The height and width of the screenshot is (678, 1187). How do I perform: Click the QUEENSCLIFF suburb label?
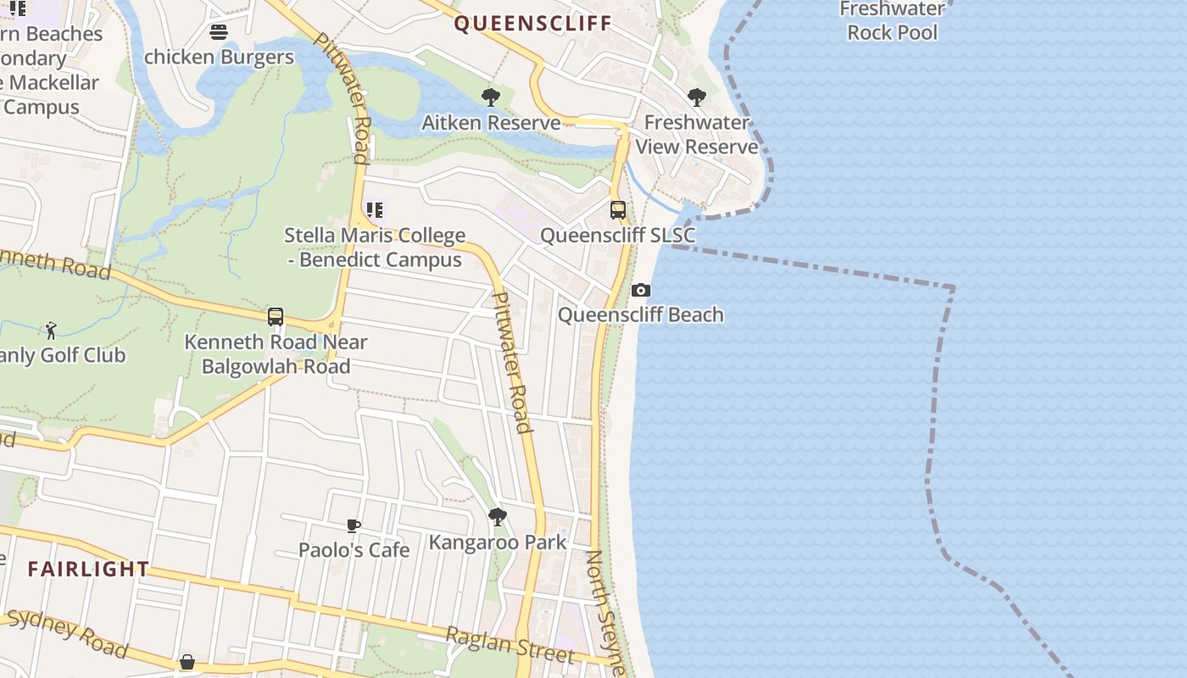[x=532, y=23]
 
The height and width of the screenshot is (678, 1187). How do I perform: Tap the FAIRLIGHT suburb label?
[x=88, y=569]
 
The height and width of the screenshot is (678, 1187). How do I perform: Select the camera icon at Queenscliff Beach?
[x=641, y=291]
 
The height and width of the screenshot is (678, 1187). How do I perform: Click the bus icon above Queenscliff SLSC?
[x=618, y=210]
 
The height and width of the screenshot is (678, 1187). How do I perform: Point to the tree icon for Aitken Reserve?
[x=490, y=97]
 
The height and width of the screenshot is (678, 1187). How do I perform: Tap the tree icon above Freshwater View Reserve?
[x=697, y=97]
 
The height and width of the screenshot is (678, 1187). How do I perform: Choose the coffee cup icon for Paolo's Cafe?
[x=354, y=526]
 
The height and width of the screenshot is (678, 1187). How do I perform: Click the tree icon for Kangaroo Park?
[x=498, y=517]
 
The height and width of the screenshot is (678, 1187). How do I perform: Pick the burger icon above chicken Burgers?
[x=219, y=32]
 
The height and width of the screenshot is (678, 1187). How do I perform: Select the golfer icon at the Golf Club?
[x=51, y=331]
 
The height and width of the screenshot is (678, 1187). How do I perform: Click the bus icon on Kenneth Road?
[x=276, y=317]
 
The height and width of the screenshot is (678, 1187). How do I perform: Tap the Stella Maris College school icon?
[x=374, y=209]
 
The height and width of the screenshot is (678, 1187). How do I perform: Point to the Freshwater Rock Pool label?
[x=892, y=21]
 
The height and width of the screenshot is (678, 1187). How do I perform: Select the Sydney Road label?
[x=68, y=633]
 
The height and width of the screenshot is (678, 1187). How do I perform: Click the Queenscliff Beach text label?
[x=641, y=315]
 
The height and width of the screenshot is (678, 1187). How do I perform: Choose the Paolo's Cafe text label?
[x=354, y=550]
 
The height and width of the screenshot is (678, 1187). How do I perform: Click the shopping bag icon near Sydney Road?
[x=187, y=661]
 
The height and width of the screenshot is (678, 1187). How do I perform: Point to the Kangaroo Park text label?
[x=498, y=542]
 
